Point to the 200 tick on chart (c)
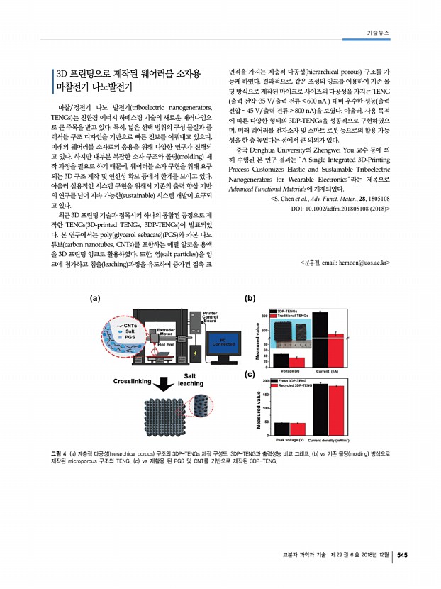(x=265, y=381)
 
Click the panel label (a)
(x=94, y=298)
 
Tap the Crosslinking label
(x=133, y=381)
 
